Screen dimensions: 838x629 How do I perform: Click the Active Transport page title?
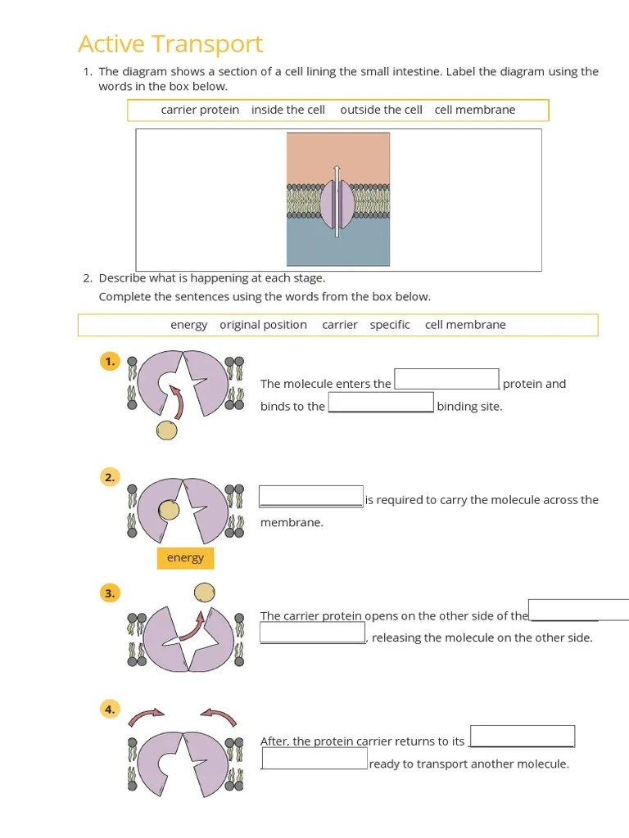tap(170, 43)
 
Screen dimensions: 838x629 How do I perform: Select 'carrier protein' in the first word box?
tap(200, 110)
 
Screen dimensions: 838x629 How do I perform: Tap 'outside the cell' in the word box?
tap(381, 110)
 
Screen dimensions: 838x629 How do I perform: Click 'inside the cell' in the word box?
tap(288, 110)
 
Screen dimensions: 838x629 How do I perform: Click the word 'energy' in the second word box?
tap(188, 325)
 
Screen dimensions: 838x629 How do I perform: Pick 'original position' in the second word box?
tap(263, 325)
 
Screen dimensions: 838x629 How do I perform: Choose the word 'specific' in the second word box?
tap(390, 325)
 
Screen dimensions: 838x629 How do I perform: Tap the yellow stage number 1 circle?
tap(110, 361)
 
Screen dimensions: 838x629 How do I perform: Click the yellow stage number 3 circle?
tap(110, 593)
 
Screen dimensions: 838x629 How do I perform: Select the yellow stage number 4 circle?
tap(110, 710)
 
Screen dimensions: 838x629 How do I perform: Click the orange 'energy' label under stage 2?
tap(185, 558)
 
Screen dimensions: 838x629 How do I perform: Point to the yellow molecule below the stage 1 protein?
tap(167, 430)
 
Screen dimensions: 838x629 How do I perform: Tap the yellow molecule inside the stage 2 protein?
tap(169, 511)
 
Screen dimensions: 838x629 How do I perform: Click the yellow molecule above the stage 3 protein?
tap(205, 592)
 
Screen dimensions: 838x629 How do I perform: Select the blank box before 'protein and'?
tap(446, 380)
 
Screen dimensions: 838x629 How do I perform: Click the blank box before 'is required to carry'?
tap(311, 497)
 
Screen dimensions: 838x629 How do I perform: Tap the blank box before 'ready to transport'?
tap(314, 759)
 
